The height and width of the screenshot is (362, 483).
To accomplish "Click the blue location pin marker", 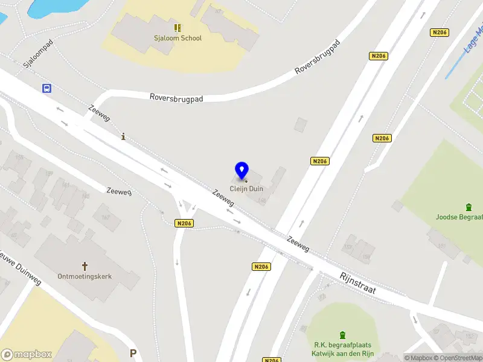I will (x=242, y=171).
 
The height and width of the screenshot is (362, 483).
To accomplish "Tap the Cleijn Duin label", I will (x=246, y=189).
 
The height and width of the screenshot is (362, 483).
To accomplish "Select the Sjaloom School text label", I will (x=178, y=38).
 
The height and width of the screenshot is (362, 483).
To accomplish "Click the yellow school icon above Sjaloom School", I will (x=178, y=27).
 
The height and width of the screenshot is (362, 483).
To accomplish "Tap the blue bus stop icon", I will (x=46, y=88).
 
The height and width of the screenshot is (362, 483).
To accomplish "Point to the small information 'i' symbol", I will (x=124, y=136).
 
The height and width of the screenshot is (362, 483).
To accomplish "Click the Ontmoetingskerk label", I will (x=85, y=276).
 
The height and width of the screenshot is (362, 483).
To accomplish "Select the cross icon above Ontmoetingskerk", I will (x=85, y=265).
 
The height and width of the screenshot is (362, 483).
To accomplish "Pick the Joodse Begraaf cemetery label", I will (x=459, y=217).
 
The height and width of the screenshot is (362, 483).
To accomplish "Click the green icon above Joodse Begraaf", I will (x=469, y=207).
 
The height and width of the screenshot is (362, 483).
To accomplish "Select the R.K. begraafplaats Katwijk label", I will (x=342, y=349).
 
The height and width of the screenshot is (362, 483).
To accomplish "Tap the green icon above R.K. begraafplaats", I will (x=342, y=335).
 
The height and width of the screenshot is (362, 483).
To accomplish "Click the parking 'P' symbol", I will (x=133, y=353).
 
